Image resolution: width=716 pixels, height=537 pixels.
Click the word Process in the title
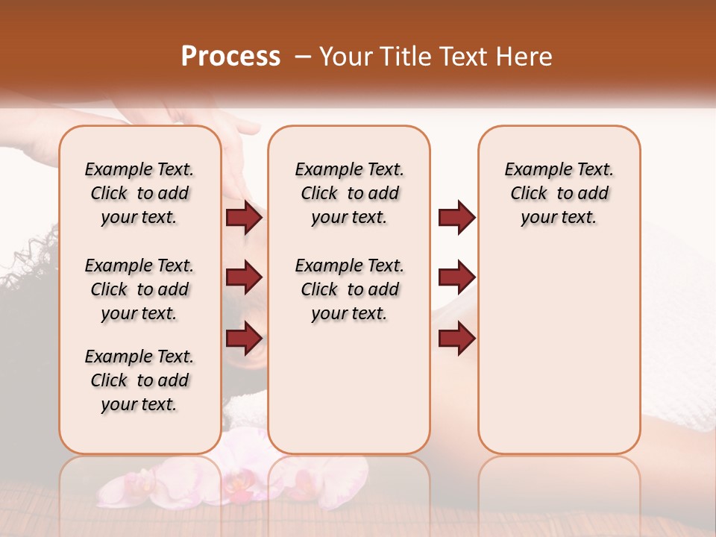(230, 57)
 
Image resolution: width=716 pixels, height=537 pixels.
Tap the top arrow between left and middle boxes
(244, 218)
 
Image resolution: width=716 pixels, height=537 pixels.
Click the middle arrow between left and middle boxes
(244, 277)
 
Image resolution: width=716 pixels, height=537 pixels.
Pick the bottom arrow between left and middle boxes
(244, 338)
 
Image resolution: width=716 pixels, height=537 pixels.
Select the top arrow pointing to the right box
(456, 218)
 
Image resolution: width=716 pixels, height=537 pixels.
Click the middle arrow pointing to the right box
(456, 277)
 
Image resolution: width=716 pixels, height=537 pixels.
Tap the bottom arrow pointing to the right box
(456, 338)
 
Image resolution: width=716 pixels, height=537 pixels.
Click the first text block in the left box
(139, 193)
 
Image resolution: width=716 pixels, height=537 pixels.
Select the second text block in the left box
(139, 289)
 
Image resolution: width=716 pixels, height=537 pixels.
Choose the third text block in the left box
(139, 380)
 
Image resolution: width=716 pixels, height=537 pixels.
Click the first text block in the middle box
(349, 193)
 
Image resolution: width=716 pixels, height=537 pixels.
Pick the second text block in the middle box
(349, 289)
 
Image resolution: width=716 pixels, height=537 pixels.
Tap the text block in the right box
(559, 193)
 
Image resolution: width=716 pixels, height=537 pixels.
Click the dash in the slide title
(303, 57)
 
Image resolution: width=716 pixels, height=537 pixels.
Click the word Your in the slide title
(344, 57)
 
